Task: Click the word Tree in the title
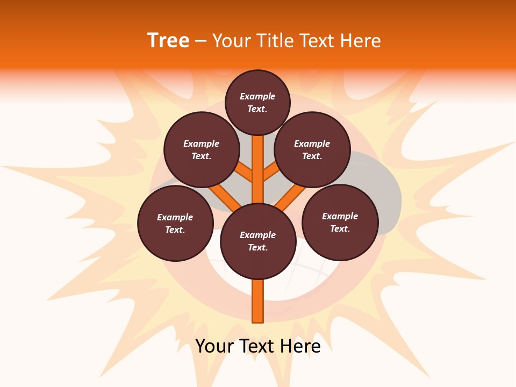(168, 40)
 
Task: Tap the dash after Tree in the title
(200, 41)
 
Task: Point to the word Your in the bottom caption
(214, 346)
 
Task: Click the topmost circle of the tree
(258, 102)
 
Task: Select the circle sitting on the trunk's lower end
(258, 241)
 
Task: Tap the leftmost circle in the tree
(175, 223)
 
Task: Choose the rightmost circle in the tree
(340, 222)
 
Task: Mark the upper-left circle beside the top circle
(202, 150)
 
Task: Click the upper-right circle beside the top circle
(312, 150)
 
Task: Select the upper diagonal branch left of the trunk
(245, 173)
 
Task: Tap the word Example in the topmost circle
(257, 96)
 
